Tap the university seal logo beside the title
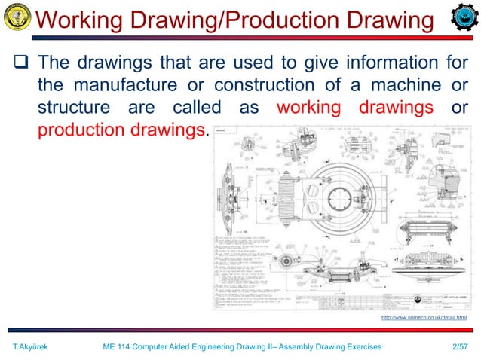click(x=17, y=17)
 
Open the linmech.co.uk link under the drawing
click(x=424, y=319)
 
